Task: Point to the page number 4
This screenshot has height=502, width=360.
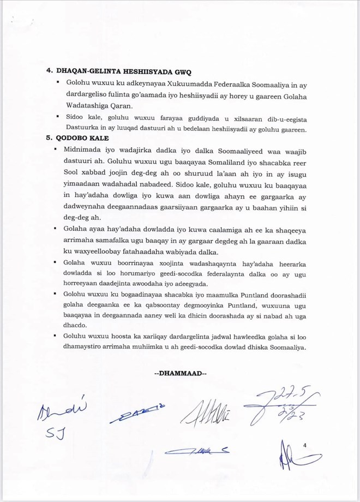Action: [305, 446]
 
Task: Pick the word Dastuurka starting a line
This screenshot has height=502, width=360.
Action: [82, 129]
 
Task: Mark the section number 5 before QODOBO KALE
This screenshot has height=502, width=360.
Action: [49, 138]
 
